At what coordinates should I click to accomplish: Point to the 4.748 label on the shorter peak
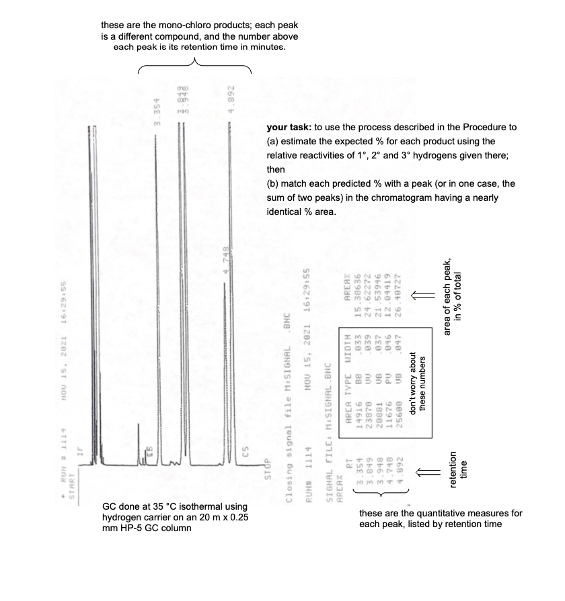227,259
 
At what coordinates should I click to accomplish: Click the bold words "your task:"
287,127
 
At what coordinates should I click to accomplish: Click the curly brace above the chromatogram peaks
195,65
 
